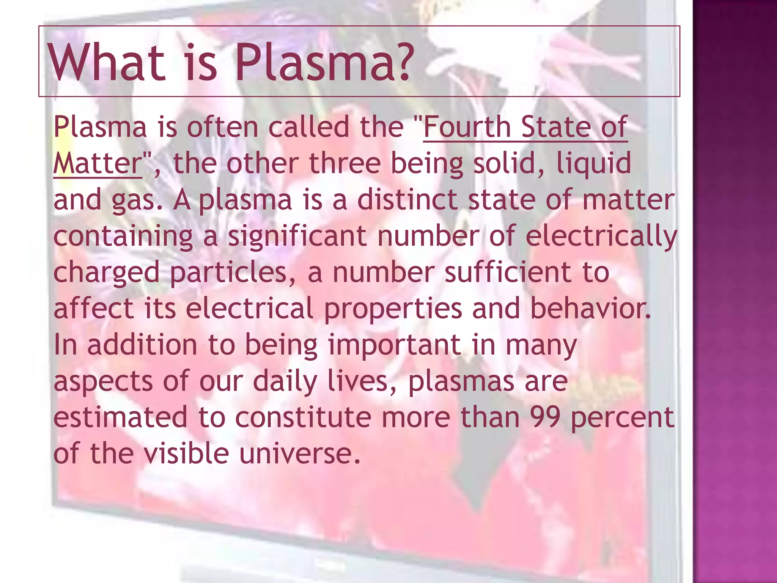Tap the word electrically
click(x=601, y=236)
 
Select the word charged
click(x=107, y=273)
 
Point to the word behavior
click(x=590, y=308)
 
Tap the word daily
click(x=285, y=381)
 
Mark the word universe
click(x=300, y=454)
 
